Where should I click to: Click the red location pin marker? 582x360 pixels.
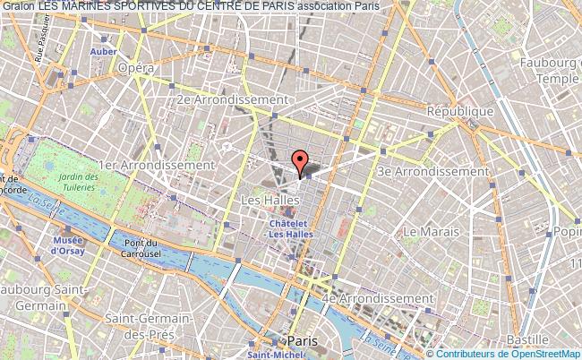pyautogui.click(x=300, y=161)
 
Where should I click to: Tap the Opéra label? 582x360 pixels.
pyautogui.click(x=137, y=68)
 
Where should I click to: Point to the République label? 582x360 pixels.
pyautogui.click(x=459, y=111)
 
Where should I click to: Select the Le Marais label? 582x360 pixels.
pyautogui.click(x=431, y=231)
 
